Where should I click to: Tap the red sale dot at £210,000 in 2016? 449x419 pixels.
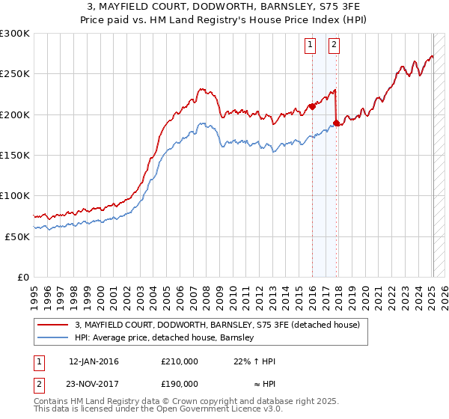[312, 106]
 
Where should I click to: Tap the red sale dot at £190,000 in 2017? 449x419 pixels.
[337, 123]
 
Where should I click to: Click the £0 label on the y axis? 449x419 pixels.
[21, 277]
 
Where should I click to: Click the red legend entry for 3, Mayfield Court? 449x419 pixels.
[217, 325]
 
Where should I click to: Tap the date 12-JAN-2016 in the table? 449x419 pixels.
[94, 361]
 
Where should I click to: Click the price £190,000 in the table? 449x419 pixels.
[179, 383]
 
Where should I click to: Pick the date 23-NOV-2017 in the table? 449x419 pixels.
[94, 383]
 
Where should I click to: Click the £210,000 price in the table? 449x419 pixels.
[179, 361]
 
